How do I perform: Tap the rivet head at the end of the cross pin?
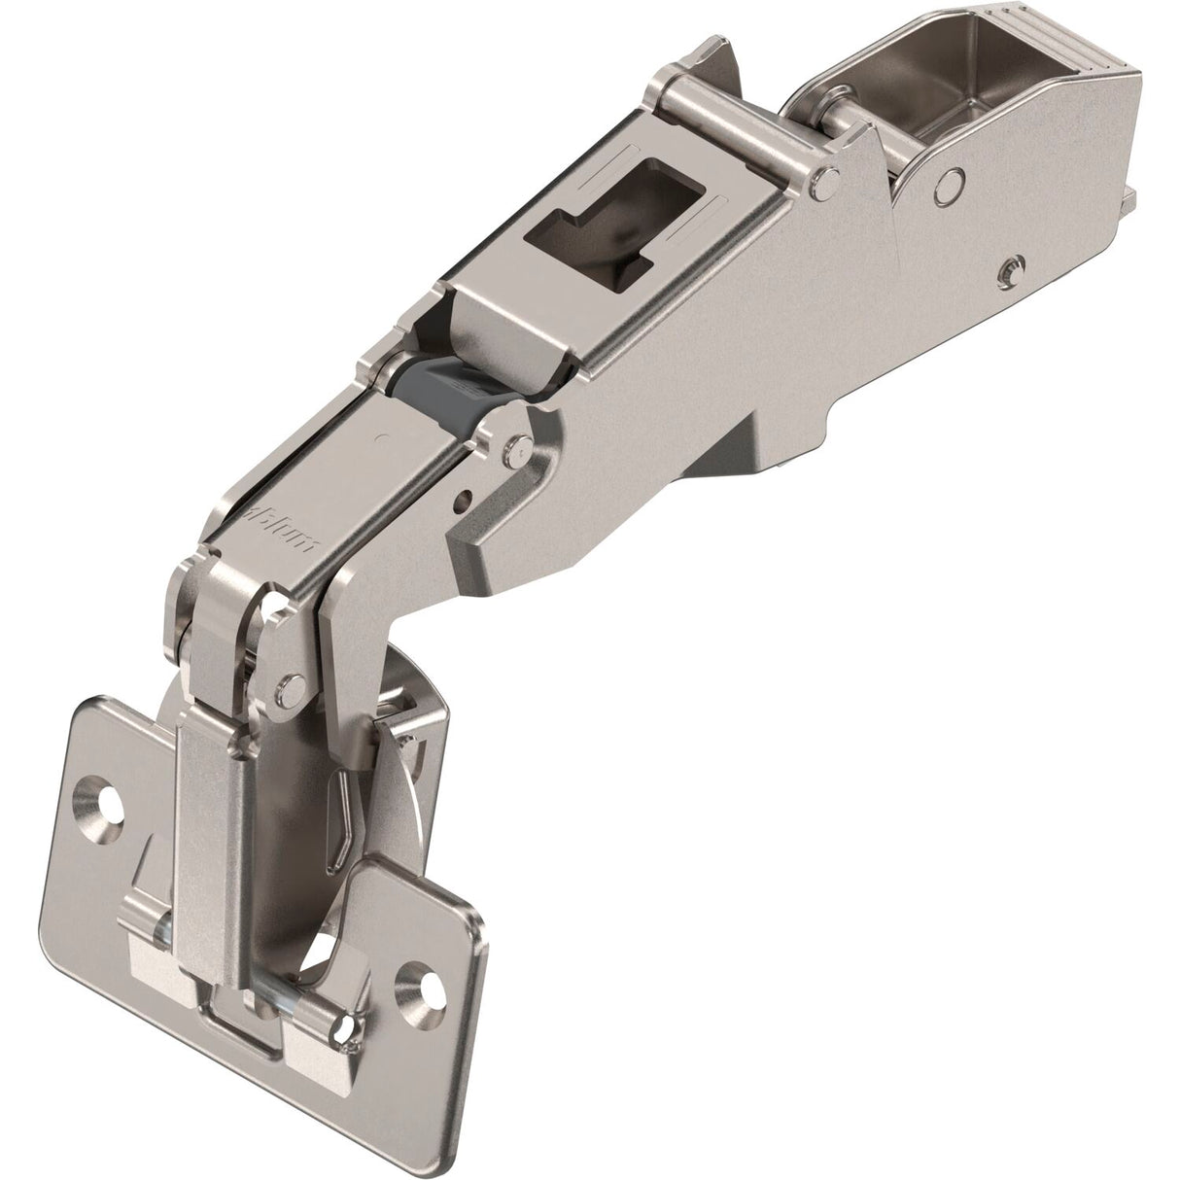826,178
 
